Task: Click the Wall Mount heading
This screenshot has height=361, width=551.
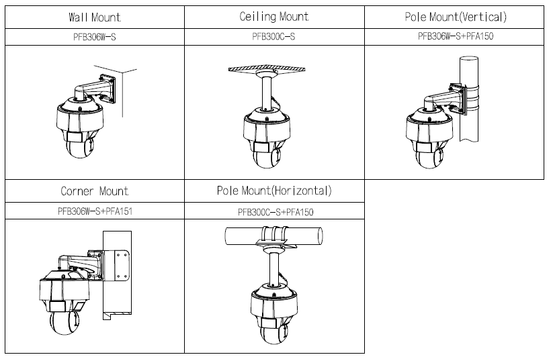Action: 94,16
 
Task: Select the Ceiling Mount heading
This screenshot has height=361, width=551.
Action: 273,16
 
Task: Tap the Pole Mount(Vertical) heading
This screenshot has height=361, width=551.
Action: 455,16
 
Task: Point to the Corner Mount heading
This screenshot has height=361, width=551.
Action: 94,191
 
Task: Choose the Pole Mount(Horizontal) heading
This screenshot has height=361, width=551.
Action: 273,191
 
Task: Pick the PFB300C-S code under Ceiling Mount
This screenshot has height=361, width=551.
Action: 273,37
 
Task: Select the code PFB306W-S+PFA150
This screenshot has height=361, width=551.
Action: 455,37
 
